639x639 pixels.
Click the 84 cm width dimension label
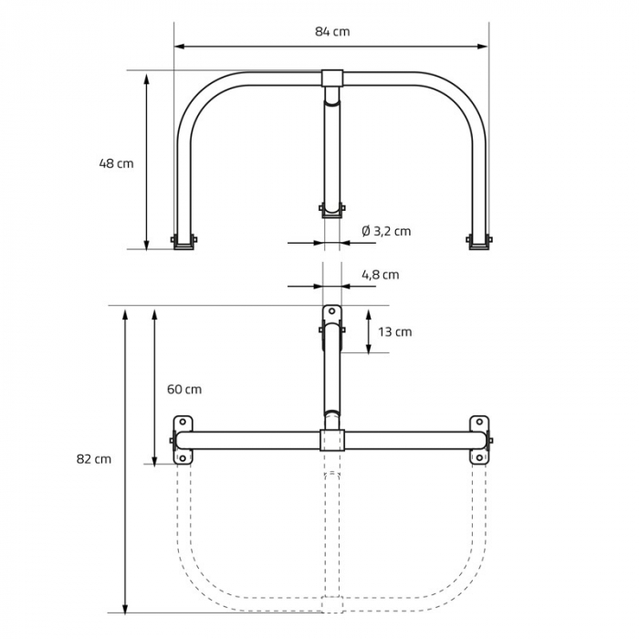332,31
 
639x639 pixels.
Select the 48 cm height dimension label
116,163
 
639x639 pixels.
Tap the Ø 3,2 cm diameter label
386,231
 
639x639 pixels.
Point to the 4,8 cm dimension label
381,275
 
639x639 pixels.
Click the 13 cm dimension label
395,331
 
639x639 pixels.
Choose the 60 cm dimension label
184,389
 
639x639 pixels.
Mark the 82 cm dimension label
94,459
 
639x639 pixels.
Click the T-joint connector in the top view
332,79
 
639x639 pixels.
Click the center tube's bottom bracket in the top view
332,210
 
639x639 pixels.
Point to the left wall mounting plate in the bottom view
183,440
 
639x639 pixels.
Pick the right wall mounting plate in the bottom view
480,440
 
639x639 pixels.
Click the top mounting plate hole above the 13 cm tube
331,311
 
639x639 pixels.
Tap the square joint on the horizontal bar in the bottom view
332,440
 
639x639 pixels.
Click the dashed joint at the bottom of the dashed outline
332,604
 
